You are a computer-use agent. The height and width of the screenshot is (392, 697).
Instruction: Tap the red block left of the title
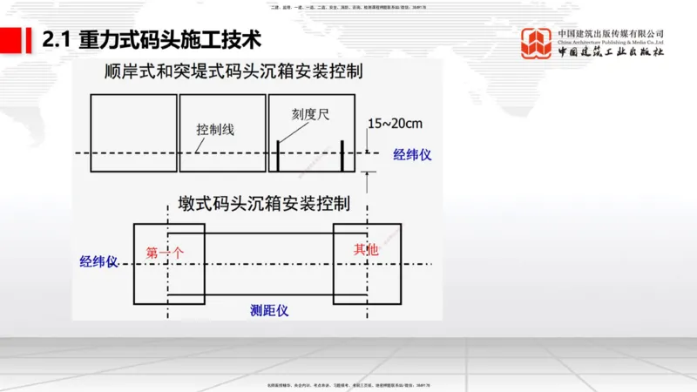(11, 39)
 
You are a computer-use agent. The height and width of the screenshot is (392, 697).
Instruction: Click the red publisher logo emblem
(536, 44)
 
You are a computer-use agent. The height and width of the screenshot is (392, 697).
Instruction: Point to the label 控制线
(214, 129)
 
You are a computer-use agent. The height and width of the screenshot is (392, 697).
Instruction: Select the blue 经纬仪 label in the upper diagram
(412, 154)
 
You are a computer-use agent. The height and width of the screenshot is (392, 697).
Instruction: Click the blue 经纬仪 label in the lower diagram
(98, 262)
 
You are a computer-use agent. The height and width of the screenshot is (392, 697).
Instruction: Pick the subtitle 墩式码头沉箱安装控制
(258, 204)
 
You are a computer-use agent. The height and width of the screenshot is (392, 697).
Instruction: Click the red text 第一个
(165, 253)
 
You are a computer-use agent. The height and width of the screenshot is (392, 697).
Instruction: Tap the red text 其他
(367, 250)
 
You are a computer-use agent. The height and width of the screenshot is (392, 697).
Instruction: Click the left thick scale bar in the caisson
(278, 155)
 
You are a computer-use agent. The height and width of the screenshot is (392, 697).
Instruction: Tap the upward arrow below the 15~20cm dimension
(369, 180)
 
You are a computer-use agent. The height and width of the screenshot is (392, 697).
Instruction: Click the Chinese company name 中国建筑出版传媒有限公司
(611, 34)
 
